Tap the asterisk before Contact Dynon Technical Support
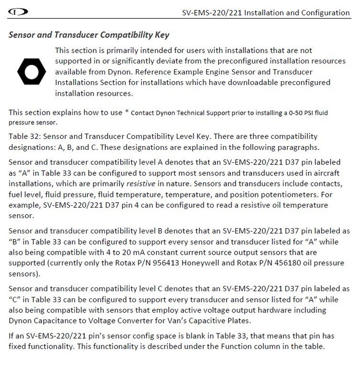click(x=127, y=112)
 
